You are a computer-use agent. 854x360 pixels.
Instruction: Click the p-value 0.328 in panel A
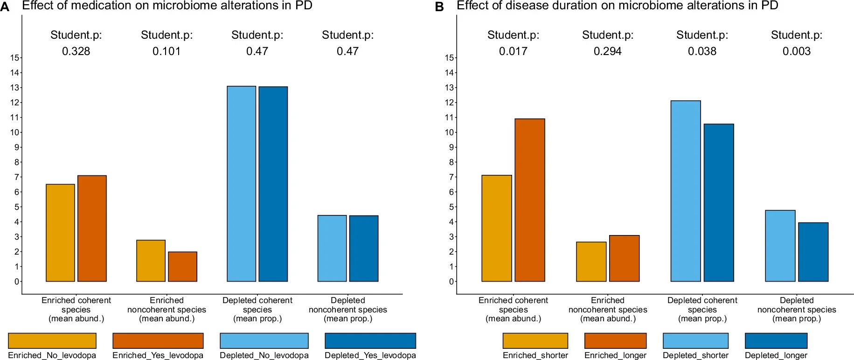[x=76, y=51]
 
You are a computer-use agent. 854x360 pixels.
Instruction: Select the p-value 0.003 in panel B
[x=796, y=51]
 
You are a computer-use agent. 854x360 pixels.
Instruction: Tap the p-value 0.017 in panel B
[x=513, y=51]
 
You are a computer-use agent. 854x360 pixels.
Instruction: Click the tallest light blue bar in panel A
[x=241, y=184]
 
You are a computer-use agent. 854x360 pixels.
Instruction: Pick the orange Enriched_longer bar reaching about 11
[x=529, y=200]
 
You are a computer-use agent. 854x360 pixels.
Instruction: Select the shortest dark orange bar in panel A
[x=182, y=267]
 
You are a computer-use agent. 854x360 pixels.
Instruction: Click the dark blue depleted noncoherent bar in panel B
[x=813, y=252]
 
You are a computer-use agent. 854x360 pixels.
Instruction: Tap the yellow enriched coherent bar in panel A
[x=60, y=233]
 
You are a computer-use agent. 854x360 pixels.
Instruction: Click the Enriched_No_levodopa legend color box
[x=52, y=340]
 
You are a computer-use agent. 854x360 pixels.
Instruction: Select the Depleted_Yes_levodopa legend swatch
[x=370, y=340]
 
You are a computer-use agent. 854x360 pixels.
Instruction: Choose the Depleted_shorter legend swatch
[x=695, y=340]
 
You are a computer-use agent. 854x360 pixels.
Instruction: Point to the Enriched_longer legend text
[x=615, y=355]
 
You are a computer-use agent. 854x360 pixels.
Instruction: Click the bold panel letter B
[x=439, y=7]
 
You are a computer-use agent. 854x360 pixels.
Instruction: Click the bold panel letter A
[x=5, y=7]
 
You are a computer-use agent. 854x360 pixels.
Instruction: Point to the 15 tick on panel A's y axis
[x=14, y=58]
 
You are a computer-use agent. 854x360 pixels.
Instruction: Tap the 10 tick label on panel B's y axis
[x=449, y=132]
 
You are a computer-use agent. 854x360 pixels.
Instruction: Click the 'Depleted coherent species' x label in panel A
[x=257, y=309]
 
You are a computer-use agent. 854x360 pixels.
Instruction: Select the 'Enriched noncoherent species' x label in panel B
[x=607, y=309]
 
